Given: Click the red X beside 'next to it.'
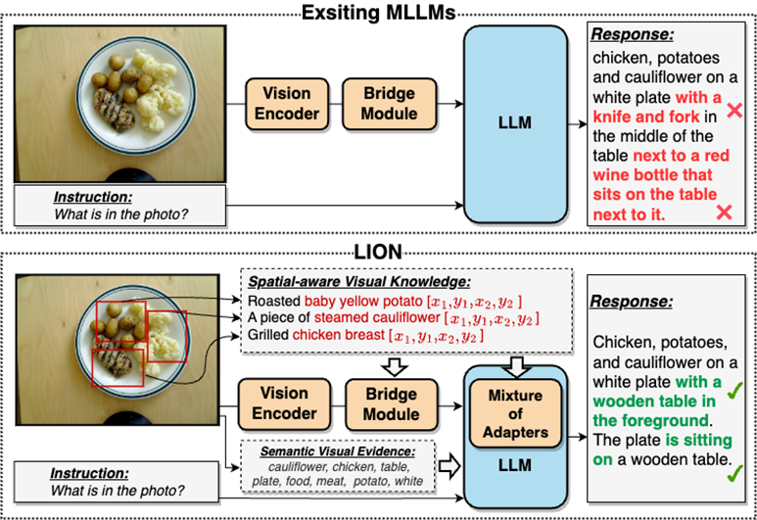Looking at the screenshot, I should pyautogui.click(x=726, y=213).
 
